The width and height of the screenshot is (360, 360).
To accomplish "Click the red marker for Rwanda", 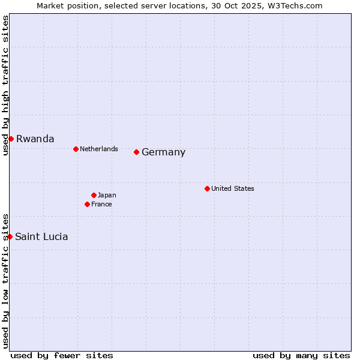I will [x=11, y=139].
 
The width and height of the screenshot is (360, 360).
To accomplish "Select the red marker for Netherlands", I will [x=76, y=149].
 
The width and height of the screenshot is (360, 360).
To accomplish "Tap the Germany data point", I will [x=137, y=152].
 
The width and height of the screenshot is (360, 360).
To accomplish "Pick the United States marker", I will [x=207, y=188].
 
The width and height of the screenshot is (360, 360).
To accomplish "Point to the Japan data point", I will [x=94, y=195].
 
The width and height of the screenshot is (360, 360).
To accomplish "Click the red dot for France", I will [x=88, y=204].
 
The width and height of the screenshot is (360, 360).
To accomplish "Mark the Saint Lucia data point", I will [x=10, y=236].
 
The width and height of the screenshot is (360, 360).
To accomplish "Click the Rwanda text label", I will [x=35, y=139].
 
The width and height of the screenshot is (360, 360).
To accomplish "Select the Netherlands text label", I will [x=99, y=149].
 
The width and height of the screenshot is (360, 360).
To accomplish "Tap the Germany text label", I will [x=163, y=152].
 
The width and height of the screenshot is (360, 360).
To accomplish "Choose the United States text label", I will [x=233, y=188].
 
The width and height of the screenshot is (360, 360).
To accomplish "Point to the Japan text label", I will [x=107, y=195].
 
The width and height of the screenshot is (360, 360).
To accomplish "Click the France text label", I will [x=101, y=204].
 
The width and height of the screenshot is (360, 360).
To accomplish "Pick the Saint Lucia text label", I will [x=41, y=236].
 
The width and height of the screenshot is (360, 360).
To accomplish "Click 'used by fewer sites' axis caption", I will [x=62, y=355].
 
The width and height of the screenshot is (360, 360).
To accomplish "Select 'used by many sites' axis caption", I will [x=301, y=355].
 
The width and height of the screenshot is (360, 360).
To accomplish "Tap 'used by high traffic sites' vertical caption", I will [x=6, y=85].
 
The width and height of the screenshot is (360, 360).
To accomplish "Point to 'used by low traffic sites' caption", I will [x=6, y=280].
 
